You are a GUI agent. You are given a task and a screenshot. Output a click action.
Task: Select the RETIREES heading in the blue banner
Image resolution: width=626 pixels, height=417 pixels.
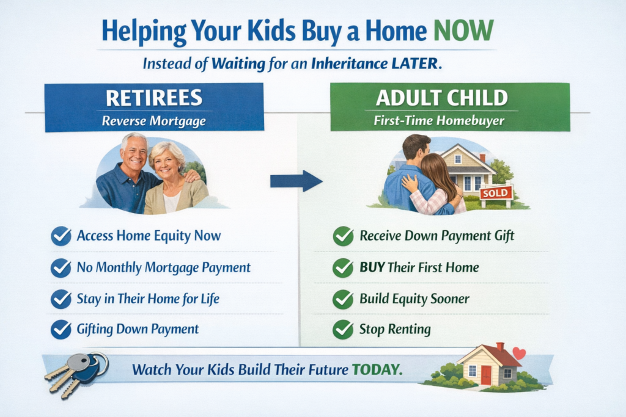tap(153, 98)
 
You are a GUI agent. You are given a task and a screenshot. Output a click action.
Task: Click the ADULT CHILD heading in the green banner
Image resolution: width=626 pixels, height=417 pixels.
tap(449, 98)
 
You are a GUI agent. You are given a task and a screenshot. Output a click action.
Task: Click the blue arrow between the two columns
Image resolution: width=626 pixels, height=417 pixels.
tap(295, 181)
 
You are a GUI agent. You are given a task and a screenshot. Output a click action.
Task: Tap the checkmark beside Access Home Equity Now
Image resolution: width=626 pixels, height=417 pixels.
tap(61, 236)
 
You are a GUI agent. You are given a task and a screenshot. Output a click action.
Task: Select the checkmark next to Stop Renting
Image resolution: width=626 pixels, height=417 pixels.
tap(343, 330)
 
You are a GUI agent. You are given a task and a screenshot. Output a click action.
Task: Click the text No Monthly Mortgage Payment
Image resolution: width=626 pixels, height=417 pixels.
tap(163, 267)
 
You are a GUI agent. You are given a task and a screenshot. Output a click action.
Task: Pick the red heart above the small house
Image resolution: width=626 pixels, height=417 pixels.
tap(519, 353)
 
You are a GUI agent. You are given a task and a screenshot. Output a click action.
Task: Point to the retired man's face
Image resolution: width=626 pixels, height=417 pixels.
tap(134, 153)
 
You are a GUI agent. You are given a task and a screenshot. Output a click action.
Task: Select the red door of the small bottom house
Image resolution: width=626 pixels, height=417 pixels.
tap(486, 374)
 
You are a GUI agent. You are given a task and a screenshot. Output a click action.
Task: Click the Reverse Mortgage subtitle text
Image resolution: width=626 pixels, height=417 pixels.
tap(153, 121)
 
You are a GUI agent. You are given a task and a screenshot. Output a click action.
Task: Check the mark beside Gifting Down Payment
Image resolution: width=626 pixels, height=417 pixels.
tap(61, 330)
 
